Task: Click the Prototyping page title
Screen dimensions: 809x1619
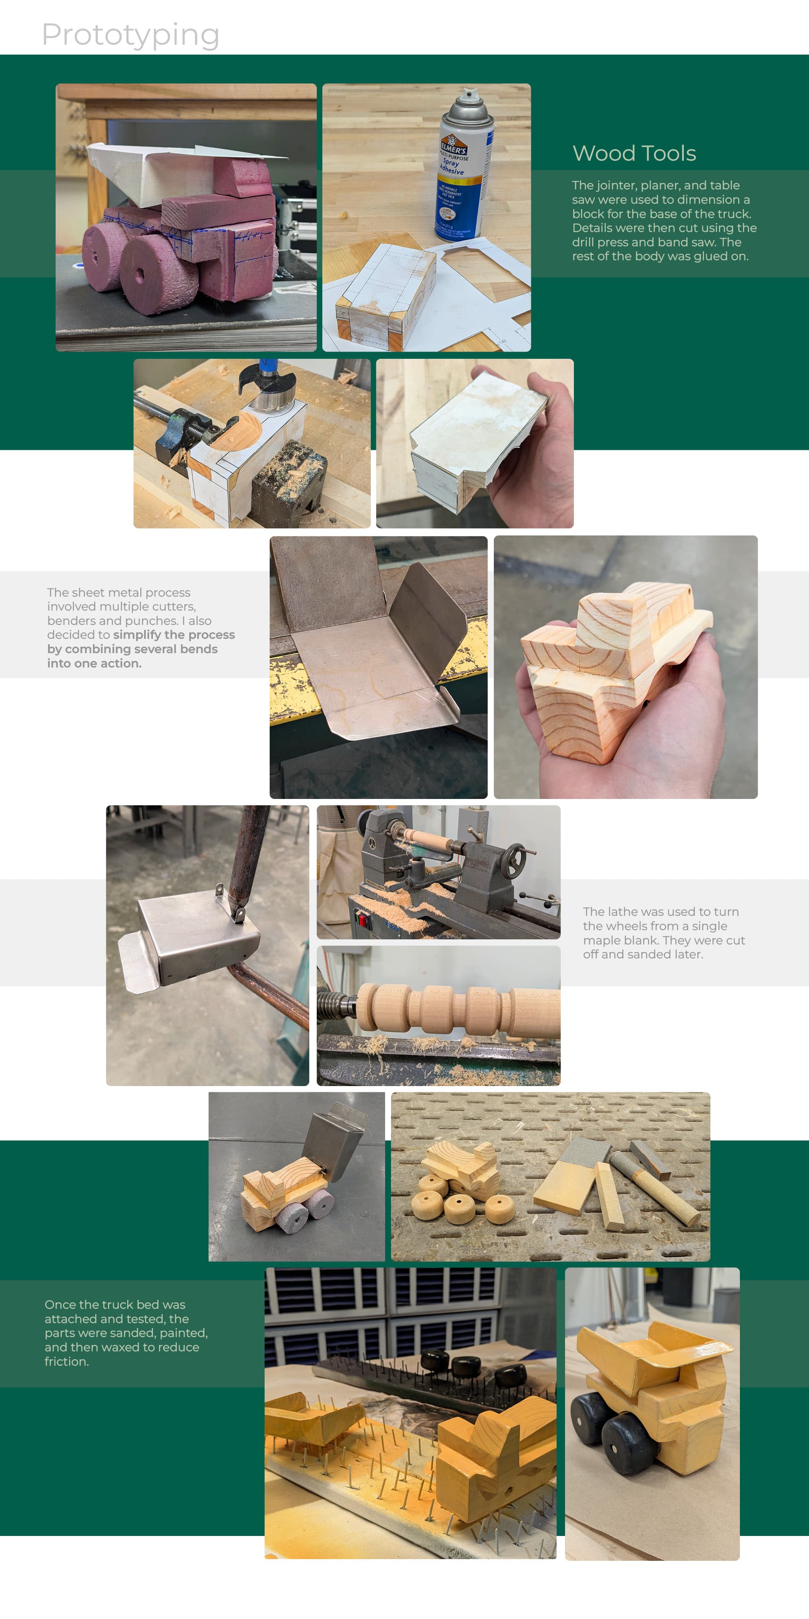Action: tap(131, 35)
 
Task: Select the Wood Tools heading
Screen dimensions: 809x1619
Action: tap(634, 153)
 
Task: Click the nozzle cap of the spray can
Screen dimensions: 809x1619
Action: tap(467, 96)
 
